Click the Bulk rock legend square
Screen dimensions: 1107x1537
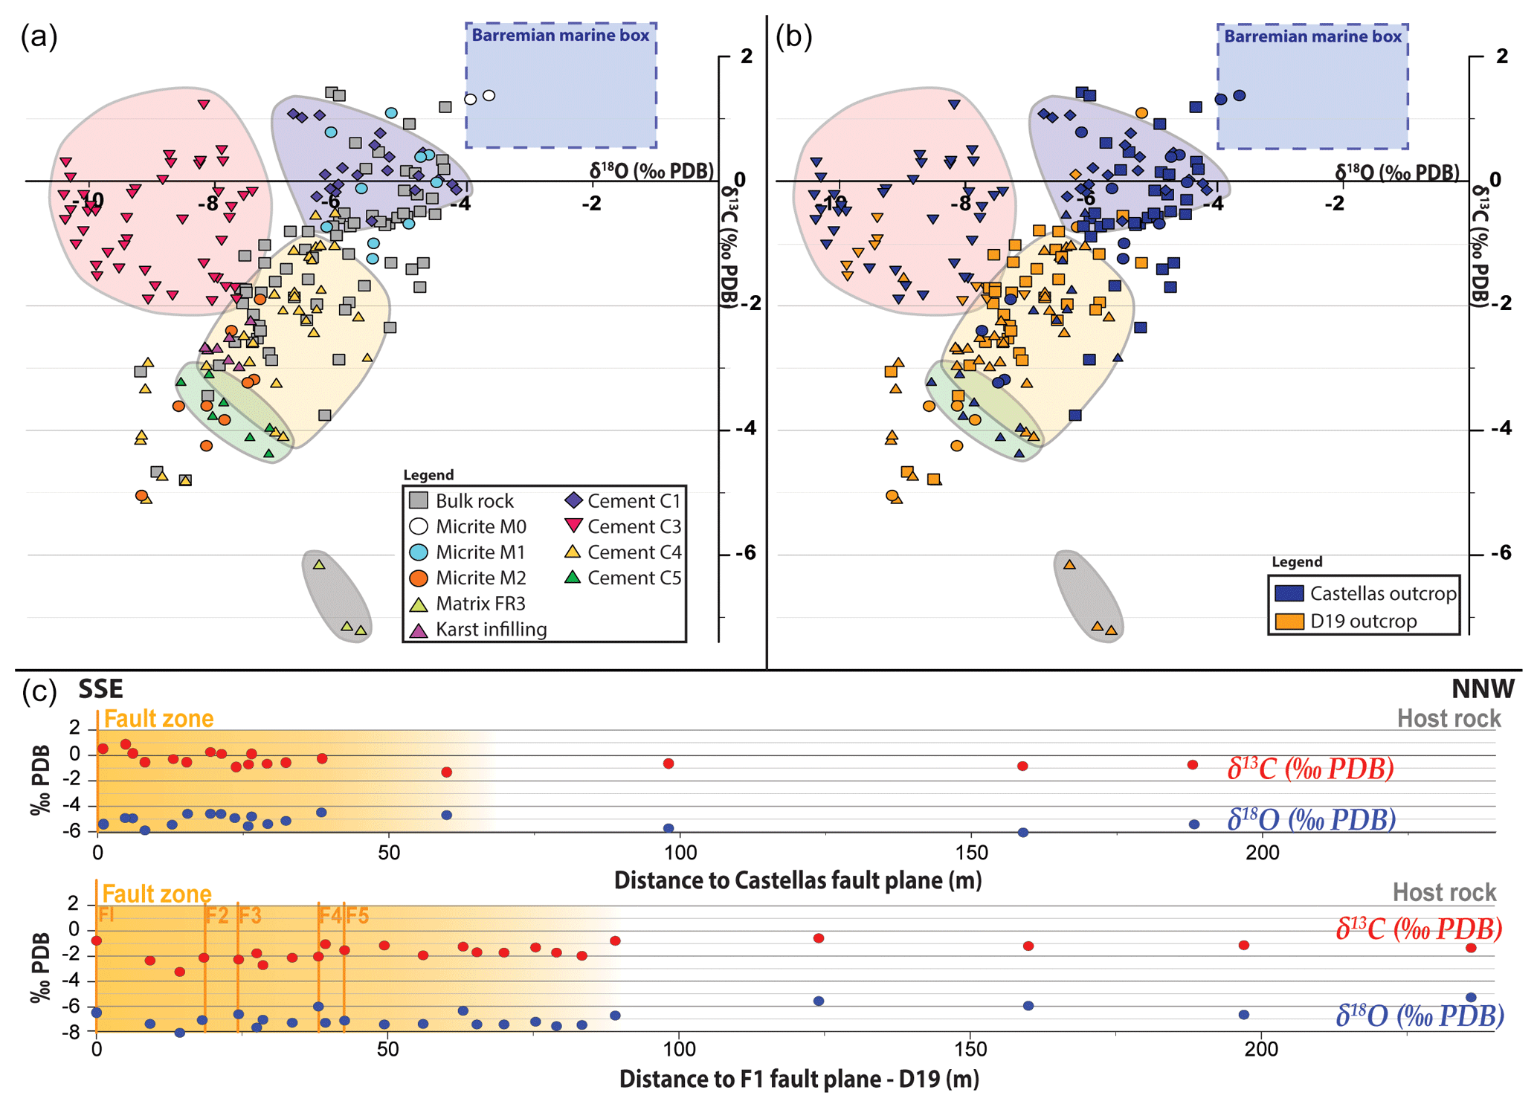(419, 500)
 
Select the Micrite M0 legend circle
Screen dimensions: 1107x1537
(419, 526)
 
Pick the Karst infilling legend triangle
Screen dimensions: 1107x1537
(419, 630)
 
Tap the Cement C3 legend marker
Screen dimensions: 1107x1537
(573, 526)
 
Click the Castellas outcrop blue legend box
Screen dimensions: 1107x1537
(1289, 593)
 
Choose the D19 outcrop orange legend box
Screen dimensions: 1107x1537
(1289, 621)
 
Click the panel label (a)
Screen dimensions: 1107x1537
(39, 36)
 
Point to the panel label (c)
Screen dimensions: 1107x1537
(39, 691)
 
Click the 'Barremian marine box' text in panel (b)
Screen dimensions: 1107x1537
(1312, 36)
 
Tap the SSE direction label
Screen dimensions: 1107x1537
(100, 689)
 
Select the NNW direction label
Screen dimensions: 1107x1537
(1482, 689)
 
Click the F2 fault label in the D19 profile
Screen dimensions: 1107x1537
(217, 915)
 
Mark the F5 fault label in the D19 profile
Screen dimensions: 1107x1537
(357, 915)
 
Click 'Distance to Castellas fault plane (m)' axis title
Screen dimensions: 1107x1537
(797, 880)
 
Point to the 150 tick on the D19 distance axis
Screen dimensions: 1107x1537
(970, 1049)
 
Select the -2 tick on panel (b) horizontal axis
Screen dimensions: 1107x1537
(1335, 203)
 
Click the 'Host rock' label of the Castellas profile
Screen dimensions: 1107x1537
(1449, 718)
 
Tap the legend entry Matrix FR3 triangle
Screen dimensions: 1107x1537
(419, 604)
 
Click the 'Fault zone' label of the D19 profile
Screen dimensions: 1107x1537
(156, 893)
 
